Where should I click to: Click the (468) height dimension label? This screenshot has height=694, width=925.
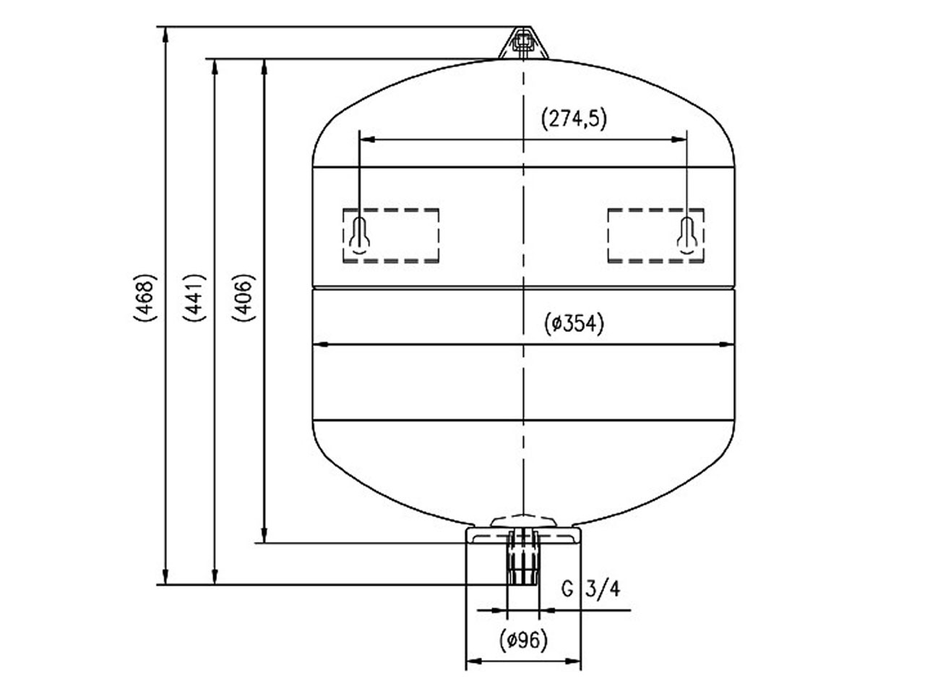[145, 298]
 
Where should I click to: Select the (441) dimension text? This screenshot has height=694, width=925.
[194, 298]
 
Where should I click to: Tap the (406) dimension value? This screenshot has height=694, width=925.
[244, 298]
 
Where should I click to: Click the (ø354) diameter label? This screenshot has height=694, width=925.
[574, 324]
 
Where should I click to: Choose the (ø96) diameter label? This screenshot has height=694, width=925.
[523, 641]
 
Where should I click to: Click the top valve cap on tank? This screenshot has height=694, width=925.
[523, 43]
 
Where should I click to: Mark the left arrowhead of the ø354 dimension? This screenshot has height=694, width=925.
[321, 344]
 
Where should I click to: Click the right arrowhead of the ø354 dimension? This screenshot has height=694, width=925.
[726, 344]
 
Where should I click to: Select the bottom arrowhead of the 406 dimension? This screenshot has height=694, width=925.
[264, 535]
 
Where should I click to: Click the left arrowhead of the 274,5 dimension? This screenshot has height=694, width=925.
[367, 139]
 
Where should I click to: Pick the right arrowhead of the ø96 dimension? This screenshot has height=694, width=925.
[573, 661]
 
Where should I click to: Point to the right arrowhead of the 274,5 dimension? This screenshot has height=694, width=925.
[679, 139]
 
